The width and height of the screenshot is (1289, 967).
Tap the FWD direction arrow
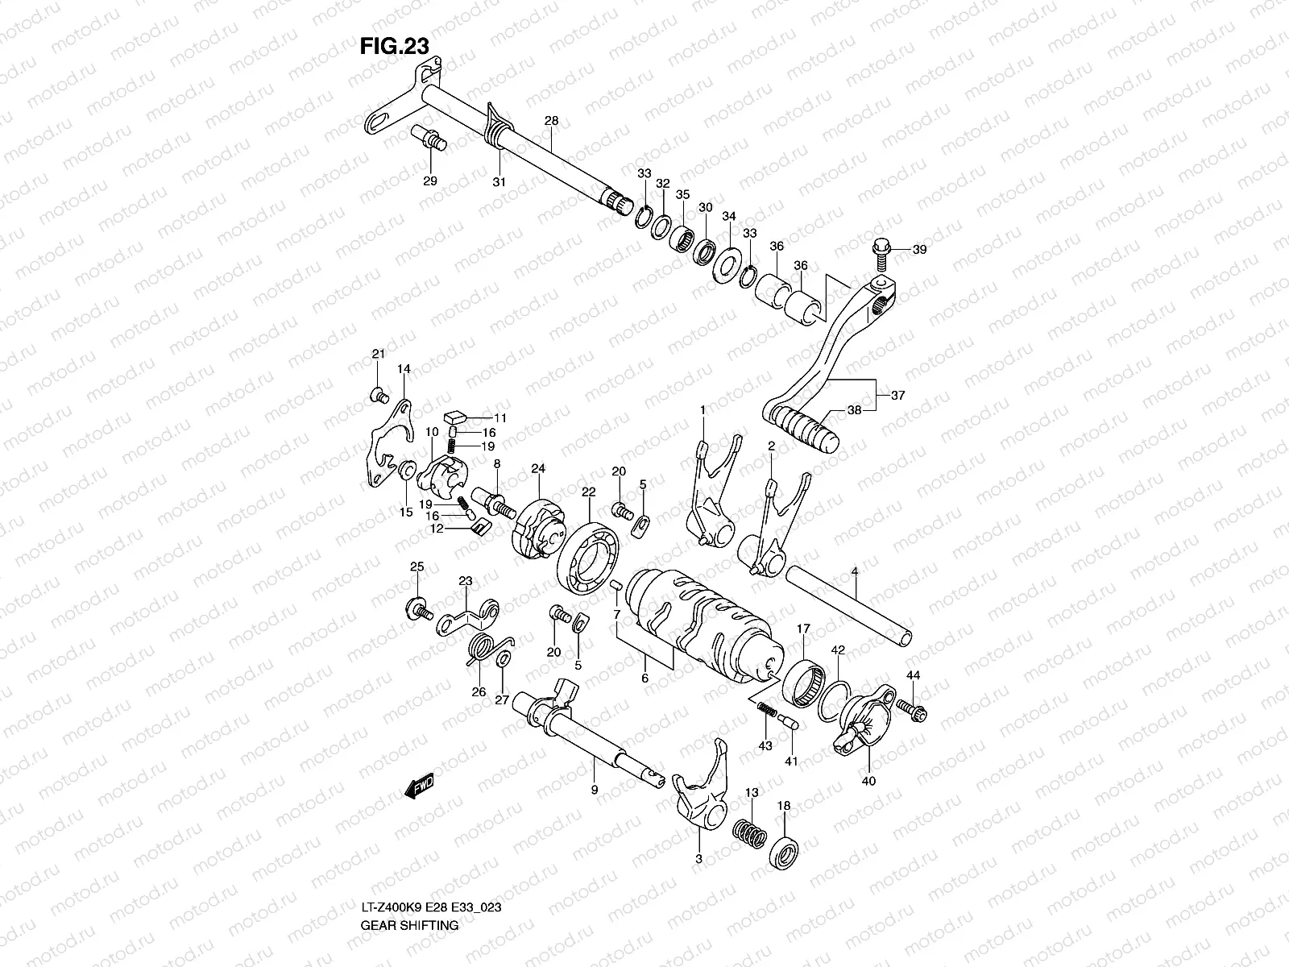click(x=421, y=786)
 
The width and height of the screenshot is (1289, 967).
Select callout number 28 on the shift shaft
click(x=551, y=121)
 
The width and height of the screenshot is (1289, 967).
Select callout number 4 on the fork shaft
click(x=855, y=572)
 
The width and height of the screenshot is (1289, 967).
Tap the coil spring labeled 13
click(x=748, y=832)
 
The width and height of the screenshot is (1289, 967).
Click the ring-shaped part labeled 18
click(x=785, y=850)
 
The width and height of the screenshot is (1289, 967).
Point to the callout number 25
click(x=417, y=567)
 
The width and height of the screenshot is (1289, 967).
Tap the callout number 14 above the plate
click(x=404, y=368)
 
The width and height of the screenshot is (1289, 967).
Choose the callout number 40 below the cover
click(x=868, y=780)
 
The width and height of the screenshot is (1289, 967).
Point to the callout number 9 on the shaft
click(x=595, y=791)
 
